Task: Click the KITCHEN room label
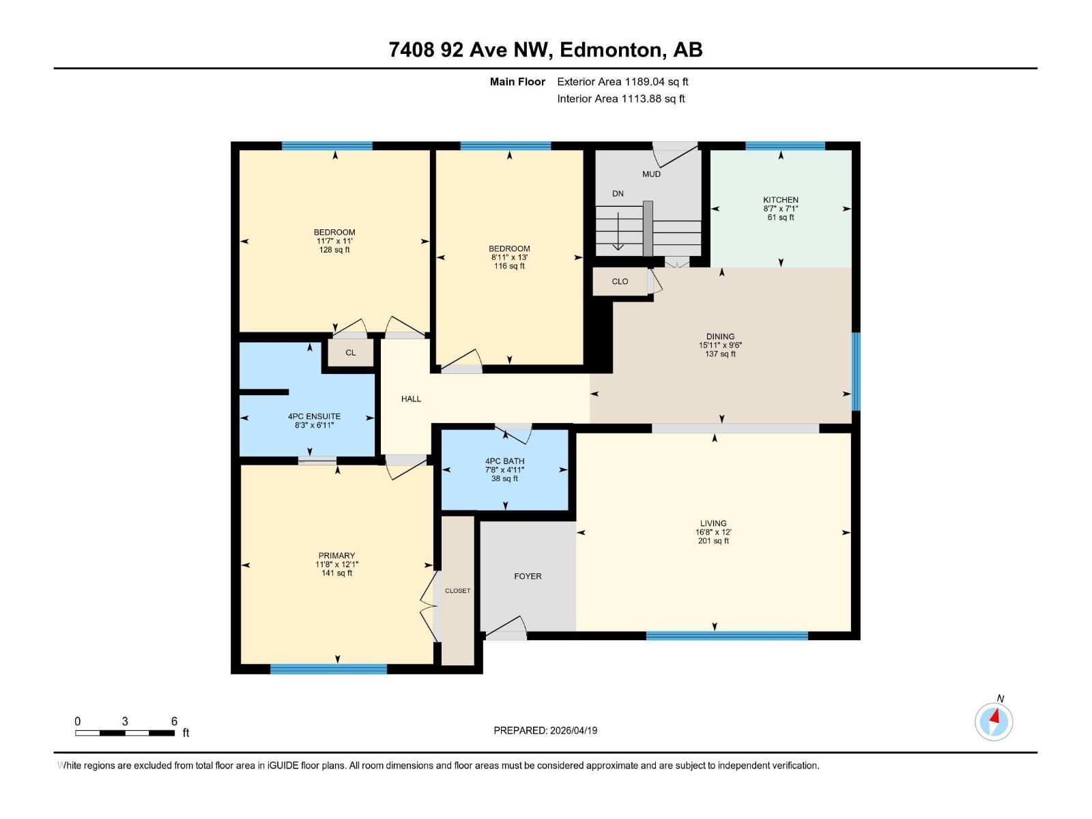point(780,200)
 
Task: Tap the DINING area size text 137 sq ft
point(720,354)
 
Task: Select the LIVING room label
point(713,523)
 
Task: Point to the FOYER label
point(528,576)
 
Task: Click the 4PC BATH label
point(504,461)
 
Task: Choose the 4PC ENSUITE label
point(314,416)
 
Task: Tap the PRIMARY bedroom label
point(336,556)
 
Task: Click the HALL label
point(411,399)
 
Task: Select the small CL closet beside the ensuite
point(350,353)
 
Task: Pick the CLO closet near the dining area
point(620,281)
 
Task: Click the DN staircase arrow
point(618,232)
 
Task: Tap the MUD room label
point(651,174)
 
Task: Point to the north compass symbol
point(994,721)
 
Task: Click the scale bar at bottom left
point(124,733)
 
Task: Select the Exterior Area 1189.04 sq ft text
point(622,82)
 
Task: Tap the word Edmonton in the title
point(612,50)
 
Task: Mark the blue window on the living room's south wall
point(726,635)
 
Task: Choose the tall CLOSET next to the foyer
point(457,590)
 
